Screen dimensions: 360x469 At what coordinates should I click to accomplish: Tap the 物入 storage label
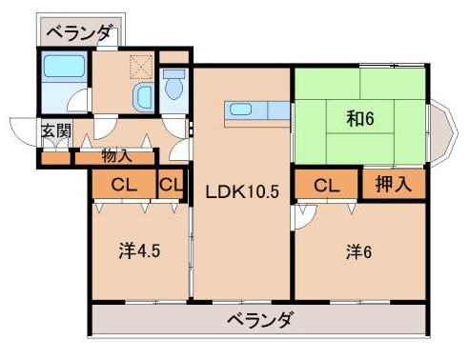116,156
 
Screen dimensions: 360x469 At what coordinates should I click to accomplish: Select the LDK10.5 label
242,190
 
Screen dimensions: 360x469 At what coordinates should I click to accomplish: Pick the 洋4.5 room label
136,252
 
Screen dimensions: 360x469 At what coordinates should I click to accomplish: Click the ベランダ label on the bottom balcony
259,319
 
